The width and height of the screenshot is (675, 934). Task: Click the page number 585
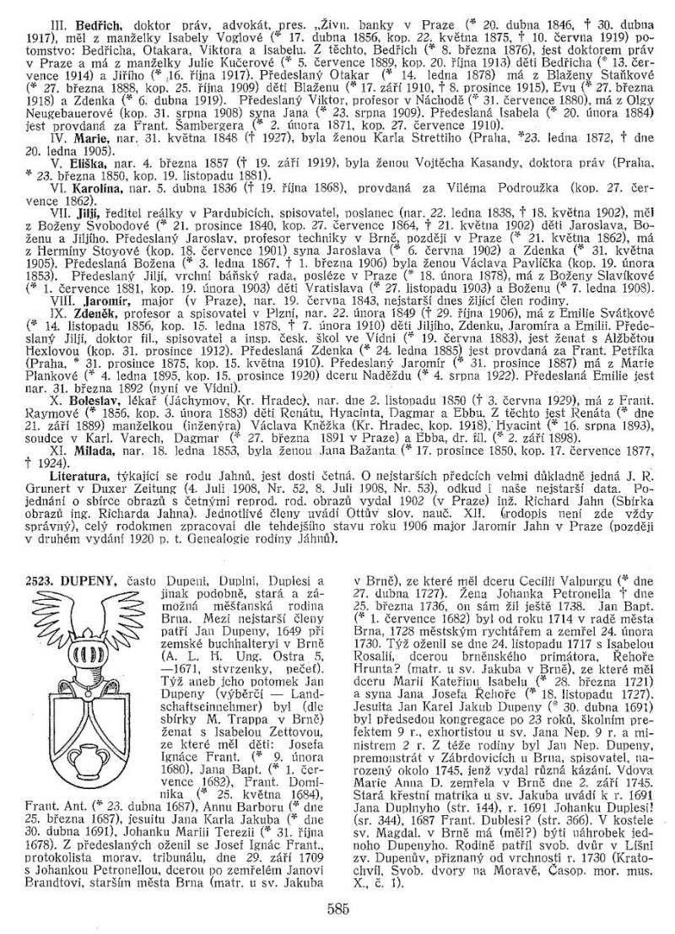(x=337, y=907)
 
